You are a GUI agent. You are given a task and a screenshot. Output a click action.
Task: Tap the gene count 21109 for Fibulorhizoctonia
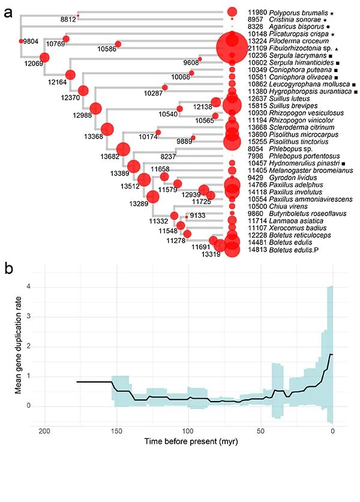pyautogui.click(x=259, y=48)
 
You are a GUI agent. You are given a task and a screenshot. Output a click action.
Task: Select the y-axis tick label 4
pyautogui.click(x=27, y=286)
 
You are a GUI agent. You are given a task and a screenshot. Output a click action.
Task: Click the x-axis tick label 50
pyautogui.click(x=260, y=431)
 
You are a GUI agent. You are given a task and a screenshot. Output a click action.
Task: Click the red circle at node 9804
pyautogui.click(x=20, y=41)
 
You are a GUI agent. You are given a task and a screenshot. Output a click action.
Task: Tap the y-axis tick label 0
pyautogui.click(x=27, y=406)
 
